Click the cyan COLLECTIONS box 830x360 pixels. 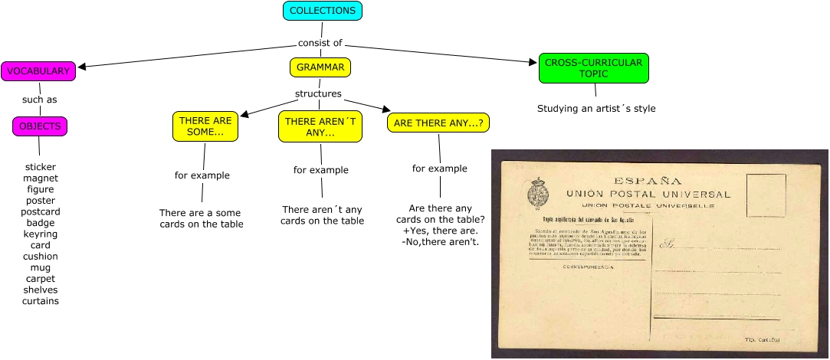[322, 11]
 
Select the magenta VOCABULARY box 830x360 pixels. [38, 71]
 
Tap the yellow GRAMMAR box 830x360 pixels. [320, 67]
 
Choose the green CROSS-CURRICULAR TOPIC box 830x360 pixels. [593, 67]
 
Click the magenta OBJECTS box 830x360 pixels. [41, 126]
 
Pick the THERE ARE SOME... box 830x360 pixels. [205, 126]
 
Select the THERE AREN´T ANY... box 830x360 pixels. [320, 126]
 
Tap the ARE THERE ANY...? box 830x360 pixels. [438, 123]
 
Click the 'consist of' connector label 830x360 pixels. [320, 43]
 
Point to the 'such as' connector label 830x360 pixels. [39, 99]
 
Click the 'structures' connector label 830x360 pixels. [318, 94]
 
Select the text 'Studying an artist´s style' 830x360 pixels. [596, 109]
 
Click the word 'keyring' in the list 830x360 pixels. [41, 234]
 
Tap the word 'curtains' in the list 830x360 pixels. [41, 301]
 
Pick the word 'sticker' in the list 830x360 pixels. [41, 166]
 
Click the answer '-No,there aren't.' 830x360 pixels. [440, 242]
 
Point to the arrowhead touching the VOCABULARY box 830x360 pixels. [81, 67]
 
